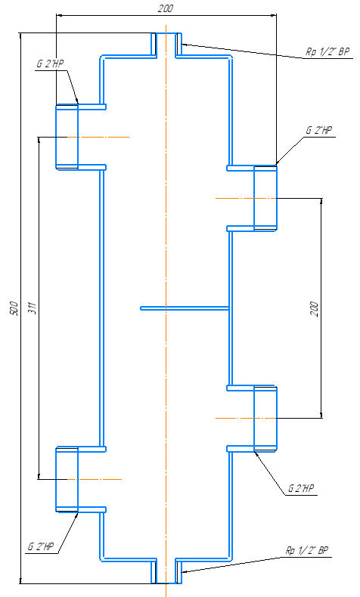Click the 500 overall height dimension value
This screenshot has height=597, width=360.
(x=14, y=308)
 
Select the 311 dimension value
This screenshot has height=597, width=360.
(x=32, y=308)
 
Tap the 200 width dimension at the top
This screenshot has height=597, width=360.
(x=166, y=8)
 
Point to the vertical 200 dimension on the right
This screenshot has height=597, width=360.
(x=314, y=309)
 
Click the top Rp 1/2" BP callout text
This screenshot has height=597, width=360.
(x=327, y=51)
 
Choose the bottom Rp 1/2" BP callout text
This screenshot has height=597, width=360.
(x=306, y=551)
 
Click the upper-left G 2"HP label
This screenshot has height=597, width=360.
(x=50, y=63)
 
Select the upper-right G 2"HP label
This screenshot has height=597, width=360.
(x=319, y=130)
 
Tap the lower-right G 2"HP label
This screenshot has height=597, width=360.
(x=301, y=488)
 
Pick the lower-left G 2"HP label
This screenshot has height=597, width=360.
(x=40, y=546)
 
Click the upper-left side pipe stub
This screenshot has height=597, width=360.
(x=67, y=137)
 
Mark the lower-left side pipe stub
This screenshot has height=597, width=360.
(x=67, y=479)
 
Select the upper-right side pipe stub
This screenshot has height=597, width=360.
(x=265, y=198)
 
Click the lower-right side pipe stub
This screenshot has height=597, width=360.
(x=265, y=418)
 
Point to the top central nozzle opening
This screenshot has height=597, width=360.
(x=166, y=45)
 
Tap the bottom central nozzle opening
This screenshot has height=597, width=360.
(x=166, y=571)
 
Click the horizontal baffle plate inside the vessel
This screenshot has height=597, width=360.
(x=185, y=308)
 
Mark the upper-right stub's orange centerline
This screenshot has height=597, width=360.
(x=245, y=198)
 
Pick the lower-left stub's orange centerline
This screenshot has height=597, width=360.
(x=95, y=479)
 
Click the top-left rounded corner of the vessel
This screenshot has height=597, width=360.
(x=101, y=57)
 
